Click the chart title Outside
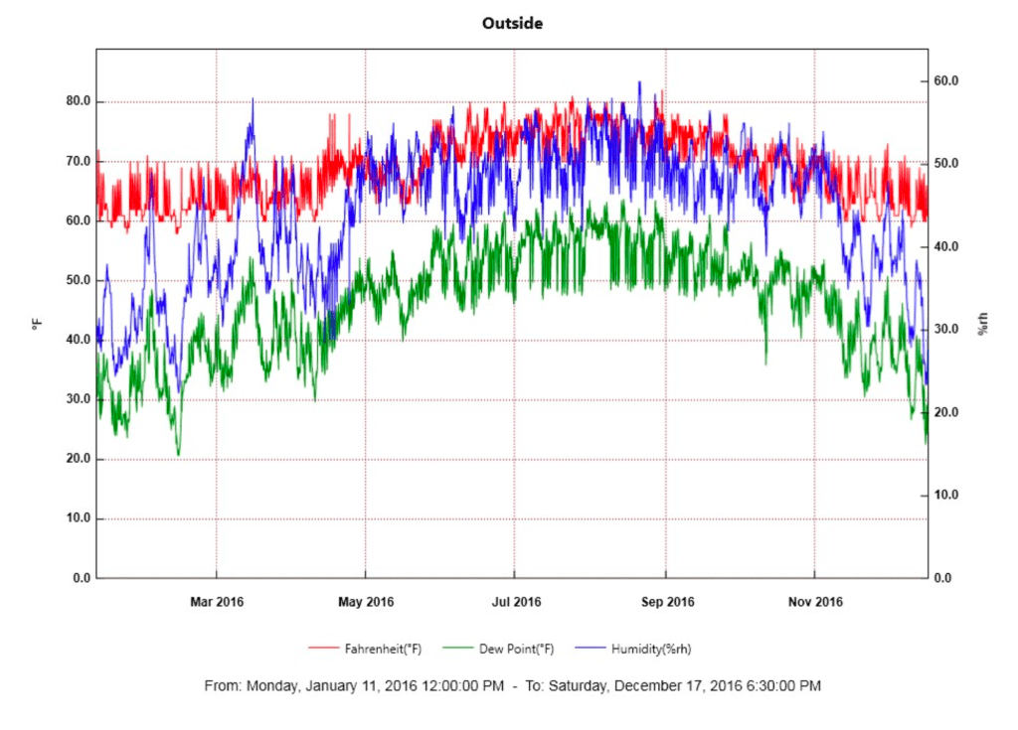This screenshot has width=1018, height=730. [x=512, y=23]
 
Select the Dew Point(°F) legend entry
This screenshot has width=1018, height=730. [x=516, y=649]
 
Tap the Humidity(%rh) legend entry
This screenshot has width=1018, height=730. [x=651, y=649]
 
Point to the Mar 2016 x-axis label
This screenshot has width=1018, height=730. [x=216, y=602]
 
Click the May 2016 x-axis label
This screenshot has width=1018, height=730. [x=366, y=602]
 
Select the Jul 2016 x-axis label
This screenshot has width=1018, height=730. [x=515, y=602]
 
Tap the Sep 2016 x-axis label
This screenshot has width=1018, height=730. [x=666, y=602]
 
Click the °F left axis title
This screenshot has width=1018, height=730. [x=37, y=323]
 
